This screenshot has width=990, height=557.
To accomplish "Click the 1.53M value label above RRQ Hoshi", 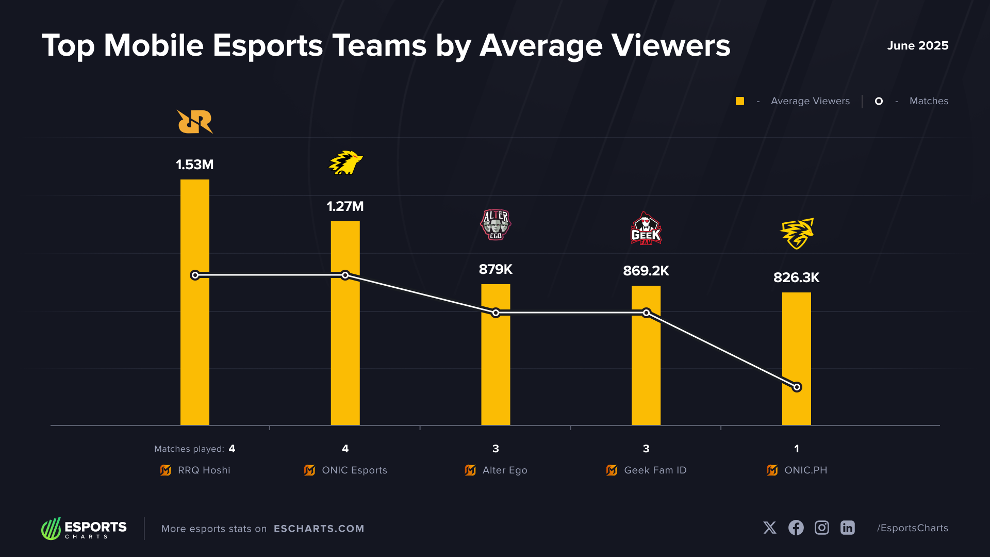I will pos(194,165).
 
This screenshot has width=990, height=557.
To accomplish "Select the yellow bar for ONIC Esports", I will pos(345,351).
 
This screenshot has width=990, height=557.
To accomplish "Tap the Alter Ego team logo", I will pos(496,224).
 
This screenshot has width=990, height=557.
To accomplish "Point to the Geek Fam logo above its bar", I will pos(646,228).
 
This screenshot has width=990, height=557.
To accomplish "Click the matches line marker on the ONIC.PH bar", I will pos(797,387).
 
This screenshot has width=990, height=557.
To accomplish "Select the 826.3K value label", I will pos(796,277).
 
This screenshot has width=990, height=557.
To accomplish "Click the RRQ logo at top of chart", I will pos(195,122).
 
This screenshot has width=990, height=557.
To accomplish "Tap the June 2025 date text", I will pos(917,45).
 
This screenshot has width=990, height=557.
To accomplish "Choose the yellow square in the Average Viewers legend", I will pos(740,101).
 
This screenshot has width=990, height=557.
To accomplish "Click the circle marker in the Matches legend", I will pos(879,101).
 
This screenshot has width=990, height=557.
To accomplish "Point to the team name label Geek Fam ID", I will pos(655,470).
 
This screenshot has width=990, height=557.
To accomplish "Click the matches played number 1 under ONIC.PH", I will pos(797,449).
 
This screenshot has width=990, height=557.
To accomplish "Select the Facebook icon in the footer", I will pos(796,528).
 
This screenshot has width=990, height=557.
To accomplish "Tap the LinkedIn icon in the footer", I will pos(848,528).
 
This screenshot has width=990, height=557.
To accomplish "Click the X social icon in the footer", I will pos(770,528).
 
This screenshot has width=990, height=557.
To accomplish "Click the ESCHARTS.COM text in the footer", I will pos(319,529).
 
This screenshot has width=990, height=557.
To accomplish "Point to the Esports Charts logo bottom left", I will pos(84,528).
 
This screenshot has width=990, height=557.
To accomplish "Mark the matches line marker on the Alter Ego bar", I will pos(496,313).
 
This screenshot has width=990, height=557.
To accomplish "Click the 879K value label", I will pos(496,269).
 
